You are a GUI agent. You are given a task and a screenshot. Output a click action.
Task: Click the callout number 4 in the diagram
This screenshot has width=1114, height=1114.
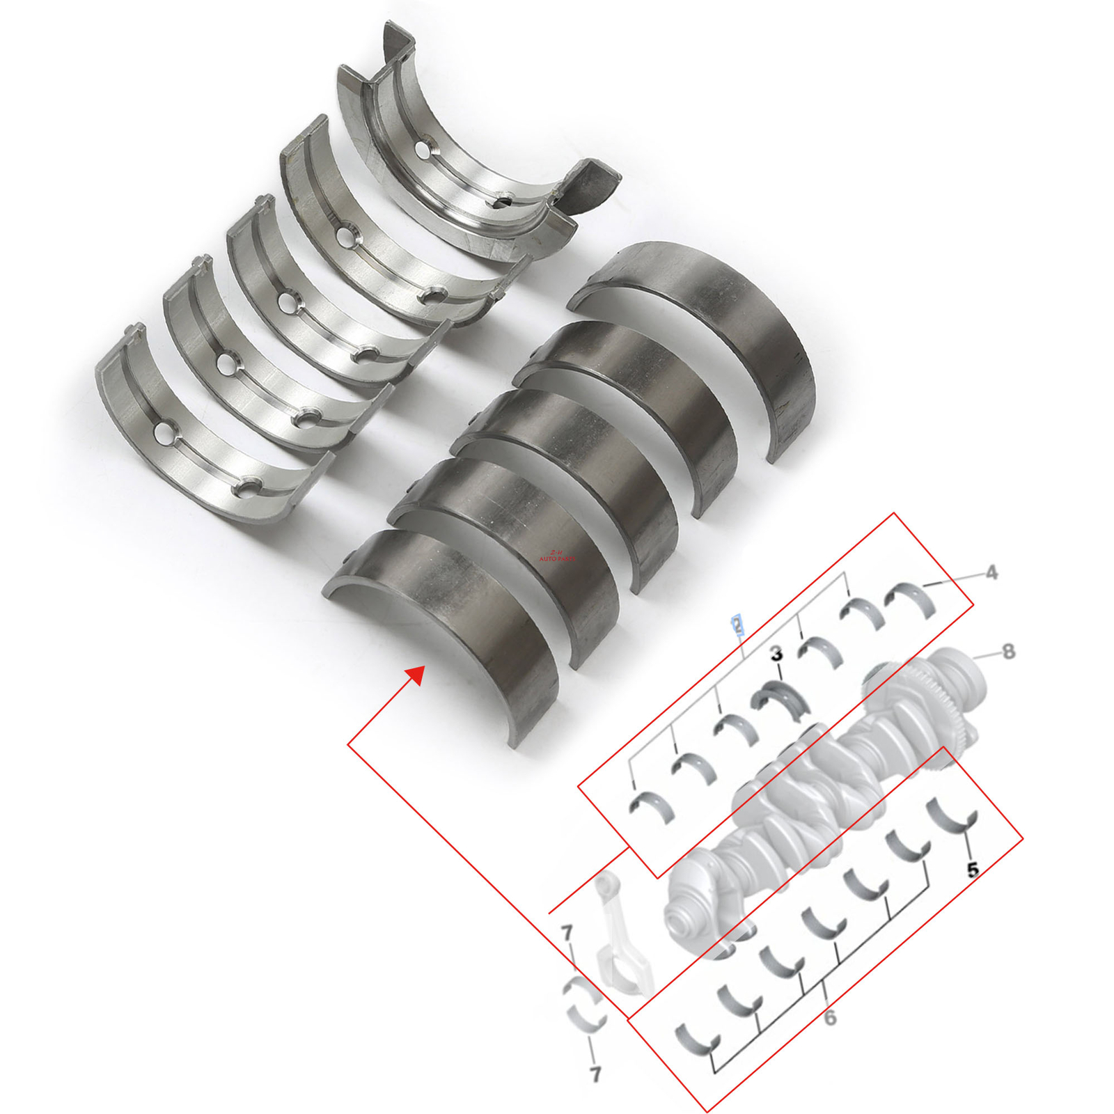coord(991,572)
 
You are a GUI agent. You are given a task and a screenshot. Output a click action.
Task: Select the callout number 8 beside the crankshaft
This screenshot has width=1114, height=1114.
coord(1007,652)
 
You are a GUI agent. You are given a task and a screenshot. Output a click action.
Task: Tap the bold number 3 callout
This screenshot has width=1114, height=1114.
coord(776,654)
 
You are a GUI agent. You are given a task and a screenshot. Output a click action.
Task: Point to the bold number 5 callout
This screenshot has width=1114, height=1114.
coord(973,869)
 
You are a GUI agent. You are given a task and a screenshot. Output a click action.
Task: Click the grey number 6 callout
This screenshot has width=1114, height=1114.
coord(830,1018)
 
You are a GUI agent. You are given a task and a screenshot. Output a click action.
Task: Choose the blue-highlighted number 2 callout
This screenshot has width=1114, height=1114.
coord(737,625)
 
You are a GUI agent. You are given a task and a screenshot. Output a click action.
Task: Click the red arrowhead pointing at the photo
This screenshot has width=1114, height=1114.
coord(416,674)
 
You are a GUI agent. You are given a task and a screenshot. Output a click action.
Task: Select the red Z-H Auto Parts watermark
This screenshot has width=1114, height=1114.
coord(557,555)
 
